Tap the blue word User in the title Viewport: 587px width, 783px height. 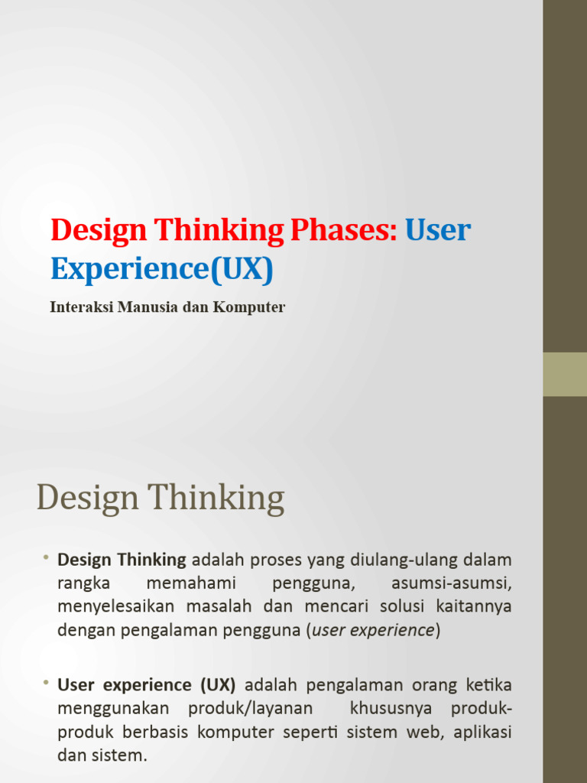pyautogui.click(x=438, y=229)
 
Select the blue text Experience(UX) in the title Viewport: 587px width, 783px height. pyautogui.click(x=161, y=268)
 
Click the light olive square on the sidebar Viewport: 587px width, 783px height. pyautogui.click(x=564, y=374)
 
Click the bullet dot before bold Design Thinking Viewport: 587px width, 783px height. pyautogui.click(x=46, y=557)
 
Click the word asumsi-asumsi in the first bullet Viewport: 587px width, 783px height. pyautogui.click(x=451, y=583)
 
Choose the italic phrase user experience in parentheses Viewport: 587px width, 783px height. pyautogui.click(x=374, y=631)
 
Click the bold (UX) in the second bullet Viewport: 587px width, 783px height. pyautogui.click(x=218, y=684)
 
